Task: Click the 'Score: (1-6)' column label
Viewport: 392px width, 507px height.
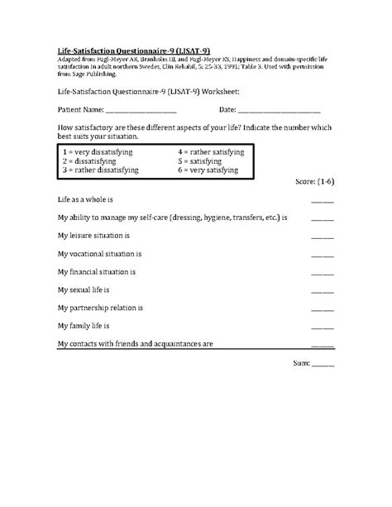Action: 314,180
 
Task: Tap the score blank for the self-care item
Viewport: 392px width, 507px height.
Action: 323,220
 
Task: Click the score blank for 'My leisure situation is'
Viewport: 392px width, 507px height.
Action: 323,237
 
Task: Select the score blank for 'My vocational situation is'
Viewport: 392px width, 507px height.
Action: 323,256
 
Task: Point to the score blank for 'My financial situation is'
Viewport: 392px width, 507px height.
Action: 323,274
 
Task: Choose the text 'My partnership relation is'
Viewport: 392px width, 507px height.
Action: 103,308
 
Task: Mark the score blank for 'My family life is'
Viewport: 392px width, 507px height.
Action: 323,328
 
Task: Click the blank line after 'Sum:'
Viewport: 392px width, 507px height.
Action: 323,365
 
